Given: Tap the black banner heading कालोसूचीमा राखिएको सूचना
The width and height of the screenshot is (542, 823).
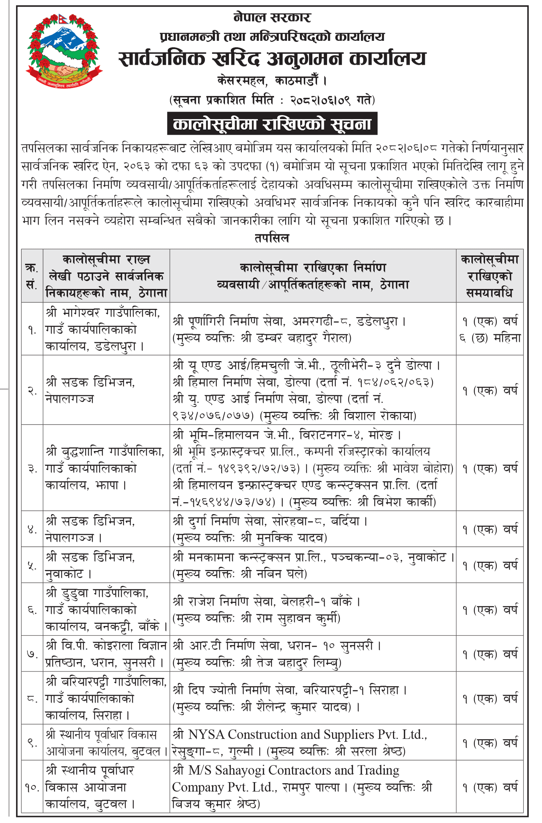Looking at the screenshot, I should [272, 124].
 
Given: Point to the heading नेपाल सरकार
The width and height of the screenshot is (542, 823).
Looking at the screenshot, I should [272, 17].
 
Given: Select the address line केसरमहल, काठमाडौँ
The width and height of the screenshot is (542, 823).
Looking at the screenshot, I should [272, 81].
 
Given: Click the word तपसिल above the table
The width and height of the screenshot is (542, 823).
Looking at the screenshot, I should [272, 238].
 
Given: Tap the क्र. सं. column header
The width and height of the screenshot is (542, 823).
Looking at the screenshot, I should [32, 276].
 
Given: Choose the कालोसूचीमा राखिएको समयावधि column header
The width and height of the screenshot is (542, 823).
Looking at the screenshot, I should [489, 276].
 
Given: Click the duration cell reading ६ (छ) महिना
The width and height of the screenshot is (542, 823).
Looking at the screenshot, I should [490, 338].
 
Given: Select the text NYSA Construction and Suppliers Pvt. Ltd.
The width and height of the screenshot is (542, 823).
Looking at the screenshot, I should [307, 735].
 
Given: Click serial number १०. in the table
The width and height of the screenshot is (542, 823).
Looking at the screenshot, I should [32, 788].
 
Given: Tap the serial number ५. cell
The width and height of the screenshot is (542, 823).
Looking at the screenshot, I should [32, 565].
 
